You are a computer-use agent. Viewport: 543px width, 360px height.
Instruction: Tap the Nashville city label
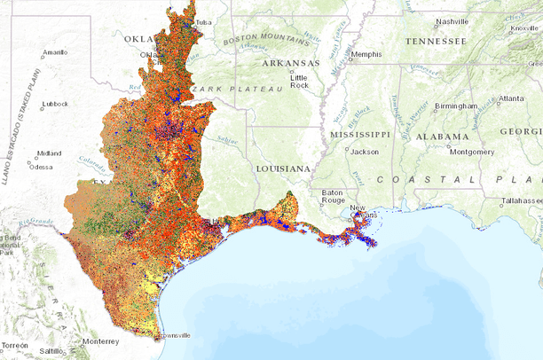coord(452,21)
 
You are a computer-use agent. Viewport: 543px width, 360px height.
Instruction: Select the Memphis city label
coord(366,54)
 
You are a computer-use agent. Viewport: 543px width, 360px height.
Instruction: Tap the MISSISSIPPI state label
coord(359,134)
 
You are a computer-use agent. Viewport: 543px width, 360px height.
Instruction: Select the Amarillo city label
coord(54,52)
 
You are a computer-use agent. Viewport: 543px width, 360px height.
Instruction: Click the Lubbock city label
coord(54,104)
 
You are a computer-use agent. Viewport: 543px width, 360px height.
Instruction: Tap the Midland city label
coord(49,153)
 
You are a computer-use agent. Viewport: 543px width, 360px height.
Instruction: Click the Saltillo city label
coord(51,351)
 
